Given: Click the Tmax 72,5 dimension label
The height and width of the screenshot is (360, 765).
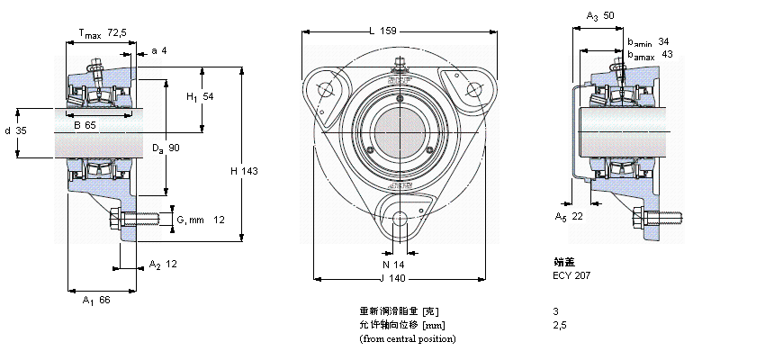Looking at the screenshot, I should [x=102, y=33].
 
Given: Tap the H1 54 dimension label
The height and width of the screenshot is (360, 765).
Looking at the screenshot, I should [x=199, y=96].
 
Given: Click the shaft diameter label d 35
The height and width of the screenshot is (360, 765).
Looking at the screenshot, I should [x=16, y=131].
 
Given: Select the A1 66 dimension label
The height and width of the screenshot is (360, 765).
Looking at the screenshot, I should [x=95, y=300].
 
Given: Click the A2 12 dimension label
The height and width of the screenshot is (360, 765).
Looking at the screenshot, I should [x=163, y=264].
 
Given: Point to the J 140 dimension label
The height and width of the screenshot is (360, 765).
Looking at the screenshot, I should [x=394, y=279].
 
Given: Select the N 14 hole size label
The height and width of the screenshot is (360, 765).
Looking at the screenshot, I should [x=394, y=264].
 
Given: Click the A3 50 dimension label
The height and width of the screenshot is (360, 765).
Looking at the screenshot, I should [x=600, y=16].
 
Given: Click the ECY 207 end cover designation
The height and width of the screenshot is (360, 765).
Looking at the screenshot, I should [x=571, y=275].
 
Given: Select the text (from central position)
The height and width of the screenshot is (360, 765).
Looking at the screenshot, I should [x=407, y=338].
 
